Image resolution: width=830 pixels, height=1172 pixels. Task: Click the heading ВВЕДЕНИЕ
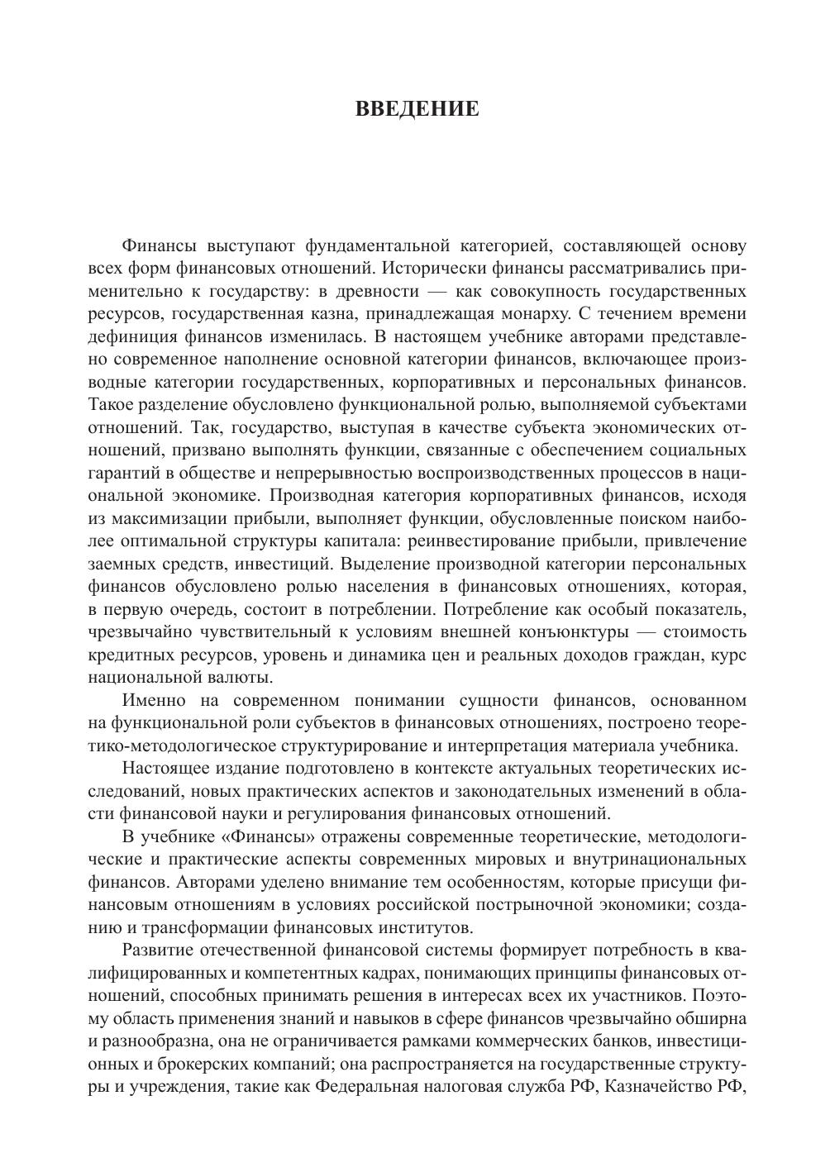(x=417, y=109)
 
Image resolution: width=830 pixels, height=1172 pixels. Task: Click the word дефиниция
(x=126, y=337)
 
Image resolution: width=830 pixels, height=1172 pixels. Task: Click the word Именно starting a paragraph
(x=151, y=701)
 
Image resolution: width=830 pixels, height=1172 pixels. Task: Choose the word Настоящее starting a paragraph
(x=163, y=769)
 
